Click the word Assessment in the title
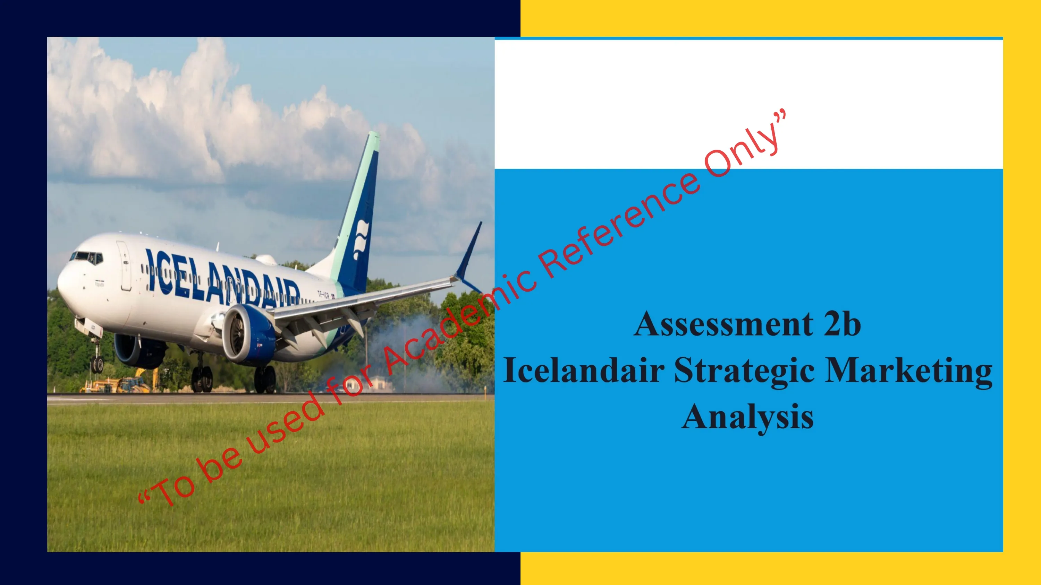coord(723,324)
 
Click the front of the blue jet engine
coord(236,333)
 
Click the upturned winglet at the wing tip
coord(469,256)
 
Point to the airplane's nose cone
coord(65,282)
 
